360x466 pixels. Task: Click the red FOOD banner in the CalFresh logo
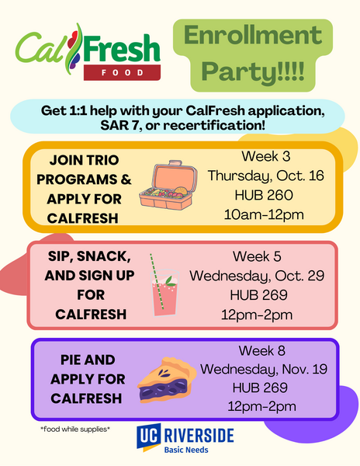pos(123,73)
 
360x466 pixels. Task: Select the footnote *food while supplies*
pos(75,429)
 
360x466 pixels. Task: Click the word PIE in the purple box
pos(76,360)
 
